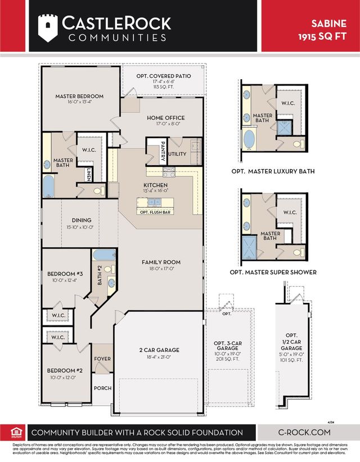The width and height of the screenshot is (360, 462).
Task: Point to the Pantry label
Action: tap(163, 150)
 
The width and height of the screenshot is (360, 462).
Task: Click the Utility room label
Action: tap(177, 153)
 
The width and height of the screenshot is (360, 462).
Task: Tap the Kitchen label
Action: tap(155, 185)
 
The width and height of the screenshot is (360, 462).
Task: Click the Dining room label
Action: tap(81, 220)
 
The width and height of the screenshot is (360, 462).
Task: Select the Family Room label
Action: tap(161, 262)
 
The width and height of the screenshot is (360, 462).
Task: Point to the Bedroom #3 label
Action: tap(64, 275)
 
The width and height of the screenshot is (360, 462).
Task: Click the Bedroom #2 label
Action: tap(64, 370)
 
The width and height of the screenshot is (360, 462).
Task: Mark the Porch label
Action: tap(102, 388)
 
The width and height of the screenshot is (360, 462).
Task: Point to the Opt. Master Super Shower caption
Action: tap(273, 272)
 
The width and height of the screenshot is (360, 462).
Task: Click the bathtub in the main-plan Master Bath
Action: tap(49, 185)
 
